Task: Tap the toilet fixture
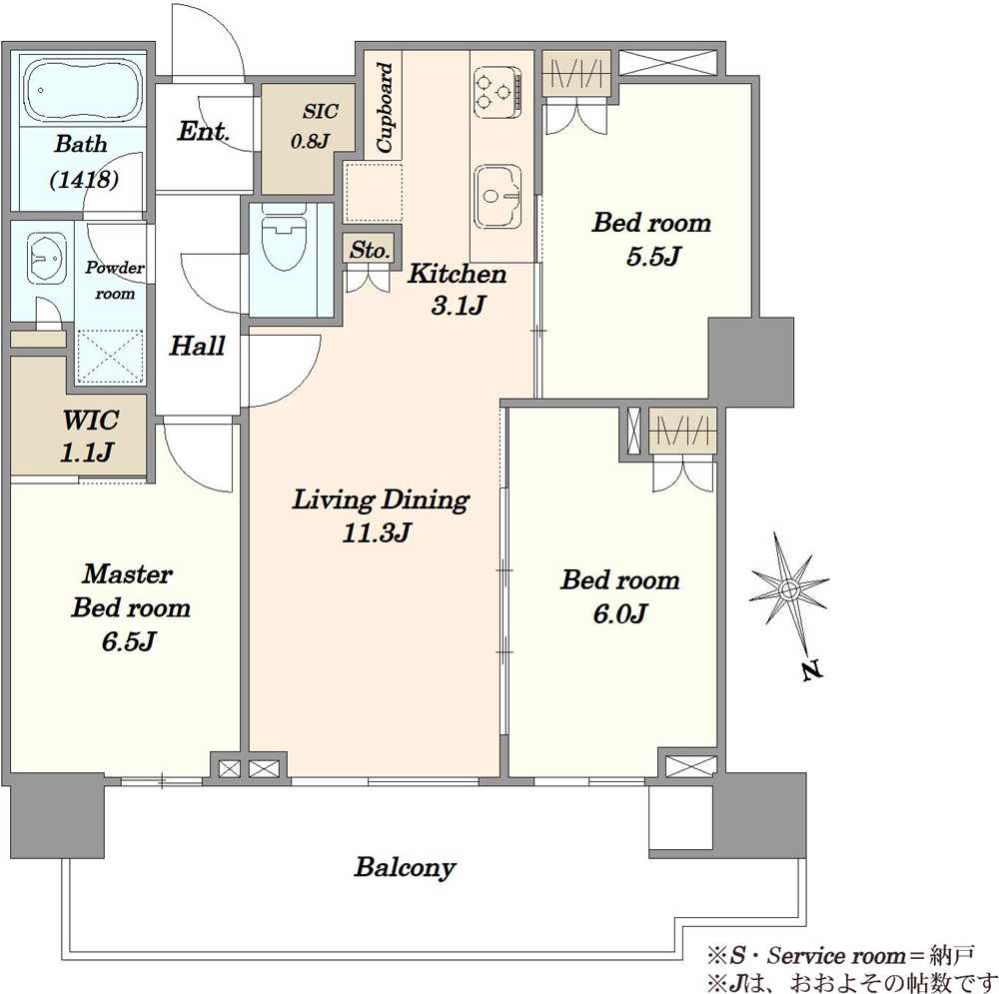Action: click(x=284, y=239)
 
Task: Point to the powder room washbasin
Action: click(x=45, y=258)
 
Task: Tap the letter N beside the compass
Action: click(x=810, y=670)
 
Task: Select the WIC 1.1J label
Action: click(x=89, y=437)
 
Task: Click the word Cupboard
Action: click(x=385, y=107)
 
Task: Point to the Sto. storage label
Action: click(x=370, y=250)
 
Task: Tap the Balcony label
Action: click(x=406, y=867)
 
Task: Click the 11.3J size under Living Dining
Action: click(x=376, y=533)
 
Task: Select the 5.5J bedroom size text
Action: click(x=653, y=257)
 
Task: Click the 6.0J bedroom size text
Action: click(x=620, y=614)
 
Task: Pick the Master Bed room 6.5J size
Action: click(x=129, y=641)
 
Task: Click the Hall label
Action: click(x=198, y=346)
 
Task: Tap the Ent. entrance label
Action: click(x=203, y=131)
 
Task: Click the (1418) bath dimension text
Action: click(x=84, y=179)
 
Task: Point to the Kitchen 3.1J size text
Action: click(x=459, y=307)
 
